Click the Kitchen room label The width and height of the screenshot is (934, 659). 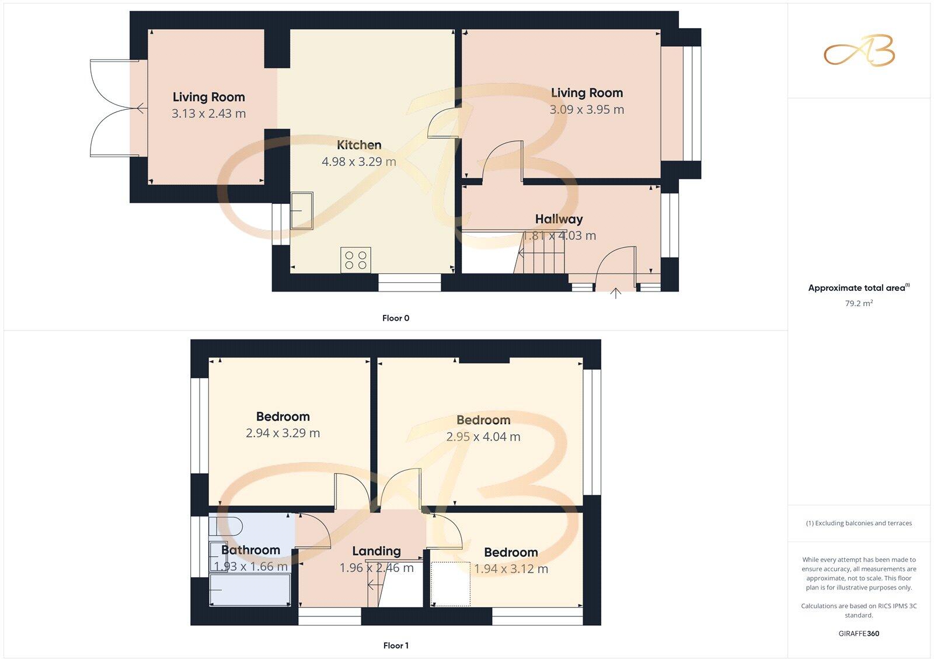(x=359, y=145)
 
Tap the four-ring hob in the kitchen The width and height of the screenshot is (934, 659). (x=356, y=260)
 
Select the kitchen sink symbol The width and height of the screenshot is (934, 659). (x=302, y=210)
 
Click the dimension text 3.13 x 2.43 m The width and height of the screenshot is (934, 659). (x=208, y=114)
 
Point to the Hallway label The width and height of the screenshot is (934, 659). (x=559, y=219)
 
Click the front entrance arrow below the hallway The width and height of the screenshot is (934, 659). (x=616, y=293)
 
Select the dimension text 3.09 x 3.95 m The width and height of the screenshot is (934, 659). (x=587, y=109)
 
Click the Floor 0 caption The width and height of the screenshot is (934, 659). (x=396, y=318)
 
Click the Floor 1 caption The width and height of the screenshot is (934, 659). (x=396, y=646)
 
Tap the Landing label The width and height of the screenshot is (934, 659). (x=377, y=551)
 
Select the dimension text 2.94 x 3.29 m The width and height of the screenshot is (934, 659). (x=283, y=433)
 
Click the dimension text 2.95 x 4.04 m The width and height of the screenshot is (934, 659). (x=483, y=436)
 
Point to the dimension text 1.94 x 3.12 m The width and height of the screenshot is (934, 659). (x=511, y=569)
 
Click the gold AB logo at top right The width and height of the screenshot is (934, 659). (x=859, y=51)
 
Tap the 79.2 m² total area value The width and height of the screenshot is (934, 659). (x=859, y=303)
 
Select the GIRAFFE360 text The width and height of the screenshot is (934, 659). (x=859, y=633)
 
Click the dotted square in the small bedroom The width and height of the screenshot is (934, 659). (x=451, y=584)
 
